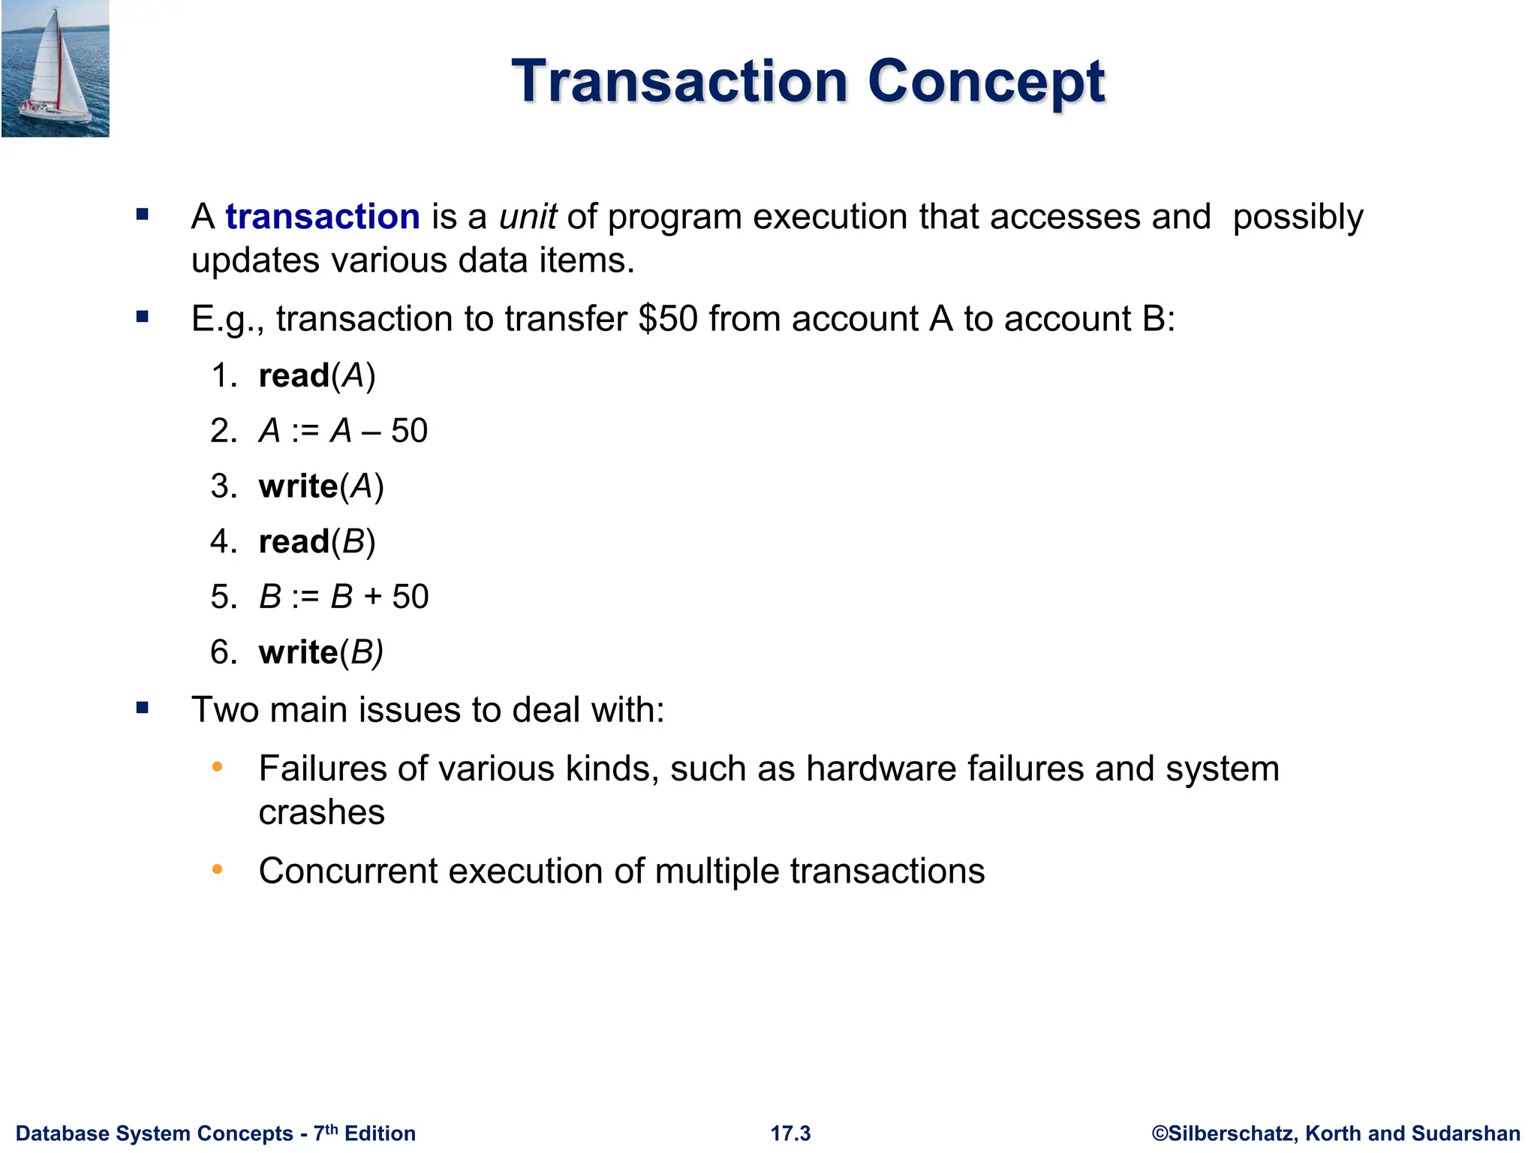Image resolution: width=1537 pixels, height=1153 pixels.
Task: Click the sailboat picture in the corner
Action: pos(56,69)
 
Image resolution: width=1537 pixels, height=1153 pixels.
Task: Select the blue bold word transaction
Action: pos(322,217)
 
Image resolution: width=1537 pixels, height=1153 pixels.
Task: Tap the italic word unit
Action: pos(527,217)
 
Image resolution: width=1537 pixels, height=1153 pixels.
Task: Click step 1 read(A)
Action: pos(316,375)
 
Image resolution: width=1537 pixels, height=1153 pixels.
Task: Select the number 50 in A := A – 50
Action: pos(409,431)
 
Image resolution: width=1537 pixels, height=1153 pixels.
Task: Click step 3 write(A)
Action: pos(320,486)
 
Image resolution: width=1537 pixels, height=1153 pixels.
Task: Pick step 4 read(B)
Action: pos(316,541)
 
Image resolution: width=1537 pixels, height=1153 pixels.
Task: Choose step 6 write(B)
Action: pos(320,652)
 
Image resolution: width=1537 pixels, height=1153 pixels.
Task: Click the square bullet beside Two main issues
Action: pos(143,707)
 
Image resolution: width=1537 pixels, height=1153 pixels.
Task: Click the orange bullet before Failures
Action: pos(218,766)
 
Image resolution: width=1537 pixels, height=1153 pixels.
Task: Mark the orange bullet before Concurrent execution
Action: pos(218,869)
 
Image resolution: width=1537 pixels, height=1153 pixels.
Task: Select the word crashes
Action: pos(321,813)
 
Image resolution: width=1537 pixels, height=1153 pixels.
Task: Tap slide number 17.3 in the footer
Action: pos(790,1133)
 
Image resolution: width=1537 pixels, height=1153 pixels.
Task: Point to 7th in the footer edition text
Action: pos(325,1132)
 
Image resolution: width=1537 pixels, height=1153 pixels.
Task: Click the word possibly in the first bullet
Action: pos(1298,217)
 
